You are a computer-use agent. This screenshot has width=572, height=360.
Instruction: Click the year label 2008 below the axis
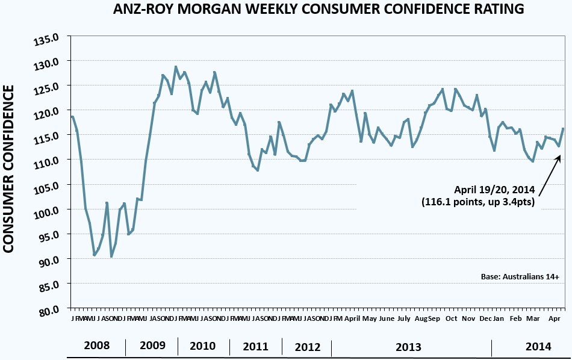pyautogui.click(x=97, y=346)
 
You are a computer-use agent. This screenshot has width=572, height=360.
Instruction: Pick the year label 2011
pyautogui.click(x=256, y=347)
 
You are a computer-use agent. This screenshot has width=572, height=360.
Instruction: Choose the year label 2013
pyautogui.click(x=408, y=347)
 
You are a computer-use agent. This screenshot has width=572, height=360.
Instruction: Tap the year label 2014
pyautogui.click(x=538, y=346)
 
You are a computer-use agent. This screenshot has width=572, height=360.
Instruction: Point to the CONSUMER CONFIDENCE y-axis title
pyautogui.click(x=10, y=169)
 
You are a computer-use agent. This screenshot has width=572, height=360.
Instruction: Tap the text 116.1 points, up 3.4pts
pyautogui.click(x=478, y=202)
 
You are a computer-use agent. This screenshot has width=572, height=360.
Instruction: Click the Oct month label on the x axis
pyautogui.click(x=452, y=318)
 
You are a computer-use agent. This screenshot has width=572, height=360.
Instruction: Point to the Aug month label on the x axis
pyautogui.click(x=421, y=318)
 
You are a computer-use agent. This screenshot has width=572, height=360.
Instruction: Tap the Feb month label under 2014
pyautogui.click(x=516, y=318)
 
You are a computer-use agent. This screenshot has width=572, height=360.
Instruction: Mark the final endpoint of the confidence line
pyautogui.click(x=563, y=128)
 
